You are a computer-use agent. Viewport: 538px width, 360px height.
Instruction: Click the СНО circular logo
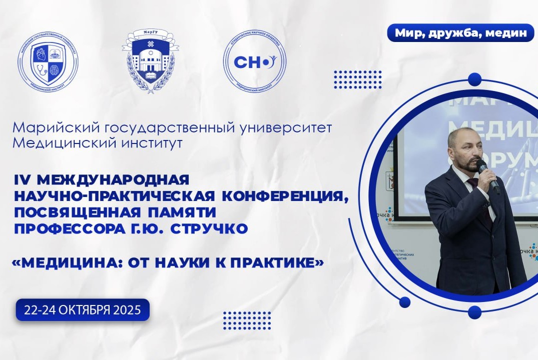point(254,61)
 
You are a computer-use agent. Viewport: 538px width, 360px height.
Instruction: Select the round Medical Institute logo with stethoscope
point(49,61)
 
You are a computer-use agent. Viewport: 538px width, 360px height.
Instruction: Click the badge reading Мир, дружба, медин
point(460,33)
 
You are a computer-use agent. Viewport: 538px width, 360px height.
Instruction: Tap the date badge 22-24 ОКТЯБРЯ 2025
point(83,310)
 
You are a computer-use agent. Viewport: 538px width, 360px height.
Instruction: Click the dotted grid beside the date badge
point(246,320)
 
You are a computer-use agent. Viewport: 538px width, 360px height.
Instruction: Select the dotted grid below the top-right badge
point(357,79)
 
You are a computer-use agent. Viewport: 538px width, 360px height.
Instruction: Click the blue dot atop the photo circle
point(474,79)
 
